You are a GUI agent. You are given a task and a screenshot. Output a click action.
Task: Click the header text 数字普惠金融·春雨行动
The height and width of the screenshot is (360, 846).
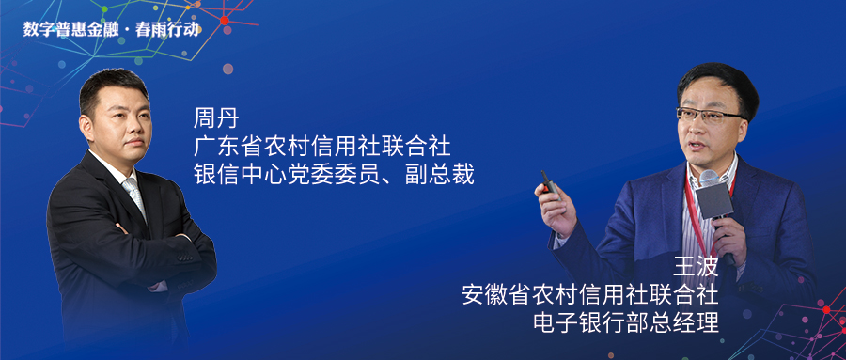pyautogui.click(x=111, y=29)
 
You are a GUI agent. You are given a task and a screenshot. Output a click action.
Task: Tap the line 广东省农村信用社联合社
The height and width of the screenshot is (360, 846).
pyautogui.click(x=322, y=147)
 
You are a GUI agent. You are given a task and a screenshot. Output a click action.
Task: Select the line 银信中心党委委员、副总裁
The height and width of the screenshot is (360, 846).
pyautogui.click(x=334, y=175)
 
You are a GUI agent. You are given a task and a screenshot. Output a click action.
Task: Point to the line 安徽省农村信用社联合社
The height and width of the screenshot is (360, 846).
pyautogui.click(x=591, y=295)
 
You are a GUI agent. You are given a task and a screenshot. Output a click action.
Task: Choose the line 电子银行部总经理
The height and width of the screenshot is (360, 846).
pyautogui.click(x=626, y=322)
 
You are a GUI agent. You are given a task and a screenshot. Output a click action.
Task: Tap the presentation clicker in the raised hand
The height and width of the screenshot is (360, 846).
pyautogui.click(x=550, y=183)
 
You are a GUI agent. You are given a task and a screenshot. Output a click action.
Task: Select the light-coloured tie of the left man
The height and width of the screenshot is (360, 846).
pyautogui.click(x=133, y=195)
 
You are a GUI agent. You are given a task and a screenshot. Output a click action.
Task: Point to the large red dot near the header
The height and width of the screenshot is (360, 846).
pyautogui.click(x=225, y=21)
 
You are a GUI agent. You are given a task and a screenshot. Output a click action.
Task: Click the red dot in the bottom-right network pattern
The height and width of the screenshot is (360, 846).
pyautogui.click(x=826, y=309)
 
